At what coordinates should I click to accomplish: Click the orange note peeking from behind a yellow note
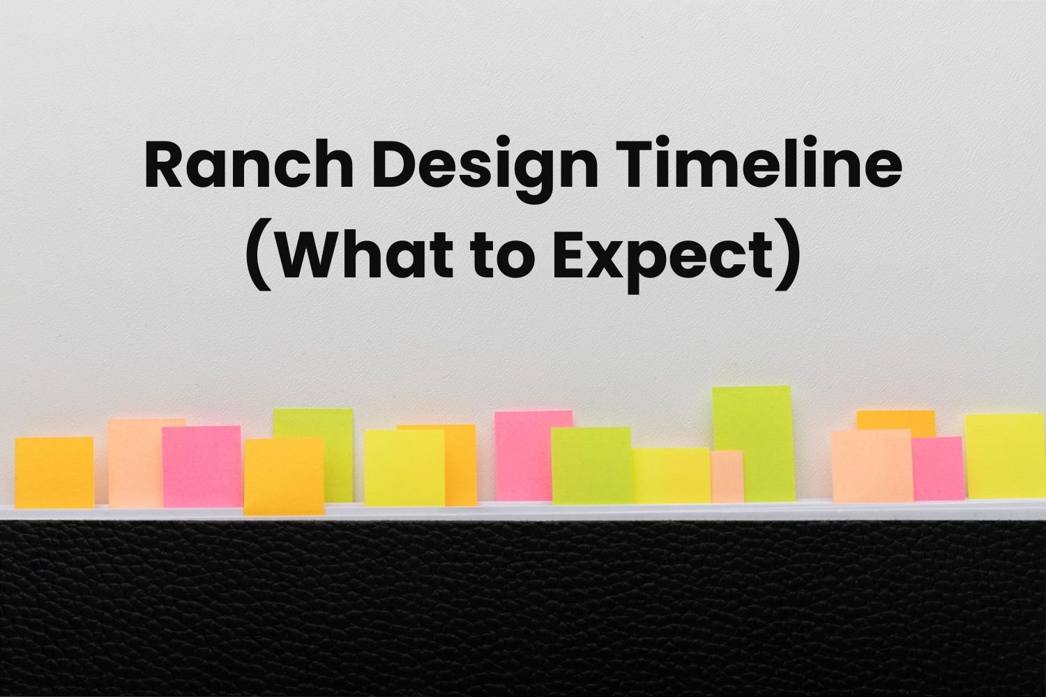462,464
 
